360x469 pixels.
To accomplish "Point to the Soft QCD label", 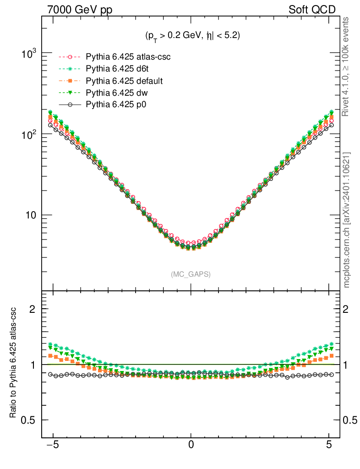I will point(312,10).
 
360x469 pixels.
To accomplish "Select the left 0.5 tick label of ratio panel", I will point(29,420).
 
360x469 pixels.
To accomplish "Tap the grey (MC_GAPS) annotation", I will point(191,274).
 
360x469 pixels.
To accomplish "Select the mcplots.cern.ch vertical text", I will point(347,220).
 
